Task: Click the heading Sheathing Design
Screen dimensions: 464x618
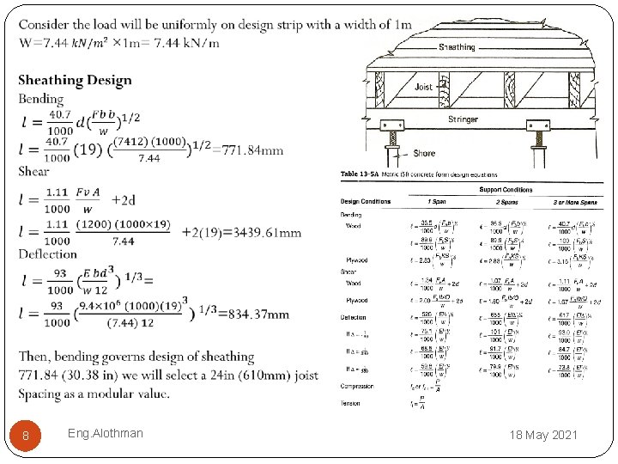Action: coord(76,81)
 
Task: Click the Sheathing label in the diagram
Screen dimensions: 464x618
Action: coord(457,47)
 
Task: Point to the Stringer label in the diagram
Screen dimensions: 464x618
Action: coord(463,119)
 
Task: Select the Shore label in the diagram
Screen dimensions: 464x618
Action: coord(424,154)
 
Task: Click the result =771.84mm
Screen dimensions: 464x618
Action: coord(252,150)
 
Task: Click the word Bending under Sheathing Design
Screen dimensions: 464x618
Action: coord(41,99)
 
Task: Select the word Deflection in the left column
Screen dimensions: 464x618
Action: coord(48,253)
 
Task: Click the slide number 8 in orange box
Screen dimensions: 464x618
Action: coord(26,436)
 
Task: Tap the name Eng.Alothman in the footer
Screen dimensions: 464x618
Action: coord(105,433)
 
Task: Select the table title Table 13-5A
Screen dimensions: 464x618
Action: coord(360,174)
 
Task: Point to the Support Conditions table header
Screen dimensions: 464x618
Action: coord(506,190)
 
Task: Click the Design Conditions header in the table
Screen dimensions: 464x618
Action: coord(366,202)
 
